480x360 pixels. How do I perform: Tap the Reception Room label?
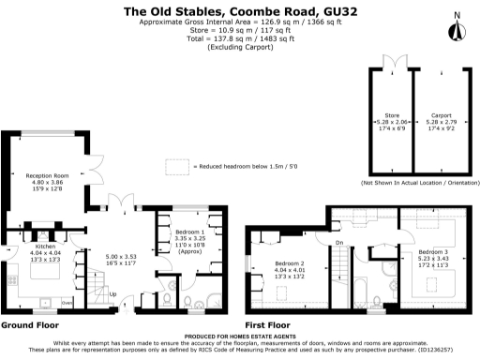[47, 175]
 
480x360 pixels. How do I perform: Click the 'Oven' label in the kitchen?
[66, 303]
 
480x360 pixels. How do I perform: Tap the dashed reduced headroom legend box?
[176, 166]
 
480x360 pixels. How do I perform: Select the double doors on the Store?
[394, 64]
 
